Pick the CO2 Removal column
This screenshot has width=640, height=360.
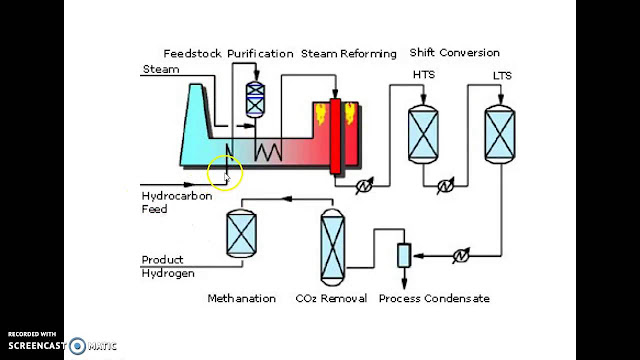pyautogui.click(x=333, y=244)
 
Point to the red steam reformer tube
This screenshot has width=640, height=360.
pyautogui.click(x=336, y=134)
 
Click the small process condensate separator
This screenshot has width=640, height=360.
pyautogui.click(x=403, y=255)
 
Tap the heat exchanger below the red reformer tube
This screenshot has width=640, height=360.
pyautogui.click(x=364, y=184)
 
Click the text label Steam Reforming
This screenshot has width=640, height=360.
pyautogui.click(x=349, y=53)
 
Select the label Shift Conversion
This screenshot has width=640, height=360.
pyautogui.click(x=454, y=53)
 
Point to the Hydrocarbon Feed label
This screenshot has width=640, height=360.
pyautogui.click(x=168, y=203)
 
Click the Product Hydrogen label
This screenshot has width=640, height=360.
pyautogui.click(x=167, y=267)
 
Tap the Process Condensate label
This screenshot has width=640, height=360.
pyautogui.click(x=434, y=298)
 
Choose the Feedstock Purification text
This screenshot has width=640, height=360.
pyautogui.click(x=229, y=53)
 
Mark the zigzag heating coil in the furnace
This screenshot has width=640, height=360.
pyautogui.click(x=267, y=150)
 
